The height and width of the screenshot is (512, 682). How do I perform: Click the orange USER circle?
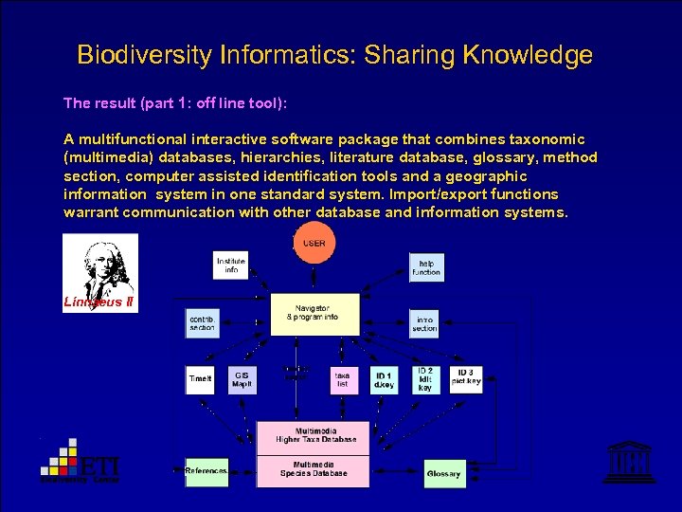coord(314,243)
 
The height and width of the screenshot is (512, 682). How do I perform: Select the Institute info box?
coord(230,265)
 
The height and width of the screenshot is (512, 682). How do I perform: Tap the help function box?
coord(425,266)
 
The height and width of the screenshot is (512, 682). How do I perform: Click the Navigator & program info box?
coord(315,313)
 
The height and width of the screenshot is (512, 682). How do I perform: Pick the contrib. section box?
coord(202,324)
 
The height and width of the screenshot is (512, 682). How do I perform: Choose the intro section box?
coord(424,324)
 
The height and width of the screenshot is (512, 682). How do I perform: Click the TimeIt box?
coord(200,380)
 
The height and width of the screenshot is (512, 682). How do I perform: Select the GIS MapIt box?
coord(242,379)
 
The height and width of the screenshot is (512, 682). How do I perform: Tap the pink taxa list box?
coord(342,380)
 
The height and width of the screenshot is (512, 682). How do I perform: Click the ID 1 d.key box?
coord(384,380)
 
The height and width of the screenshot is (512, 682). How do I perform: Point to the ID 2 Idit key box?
coord(425,379)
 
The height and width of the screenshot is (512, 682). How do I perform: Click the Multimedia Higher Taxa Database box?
coord(313,435)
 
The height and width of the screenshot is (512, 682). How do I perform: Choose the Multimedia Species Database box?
coord(313,469)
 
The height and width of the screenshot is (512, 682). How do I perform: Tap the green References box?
coord(206,470)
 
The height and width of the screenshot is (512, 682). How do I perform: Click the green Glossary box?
coord(443,473)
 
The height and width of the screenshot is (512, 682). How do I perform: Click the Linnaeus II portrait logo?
coord(99,273)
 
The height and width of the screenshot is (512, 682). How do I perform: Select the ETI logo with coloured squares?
coord(81,462)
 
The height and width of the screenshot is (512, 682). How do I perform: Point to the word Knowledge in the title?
coord(528,55)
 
